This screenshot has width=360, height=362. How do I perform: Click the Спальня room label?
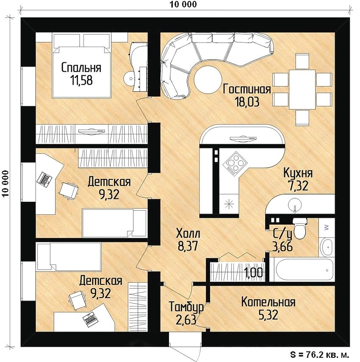pyautogui.click(x=81, y=67)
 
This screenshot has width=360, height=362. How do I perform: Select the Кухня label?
pyautogui.click(x=298, y=173)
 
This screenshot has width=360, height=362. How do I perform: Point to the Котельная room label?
pyautogui.click(x=268, y=302)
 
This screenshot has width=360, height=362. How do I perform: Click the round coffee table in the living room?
pyautogui.click(x=208, y=80)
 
